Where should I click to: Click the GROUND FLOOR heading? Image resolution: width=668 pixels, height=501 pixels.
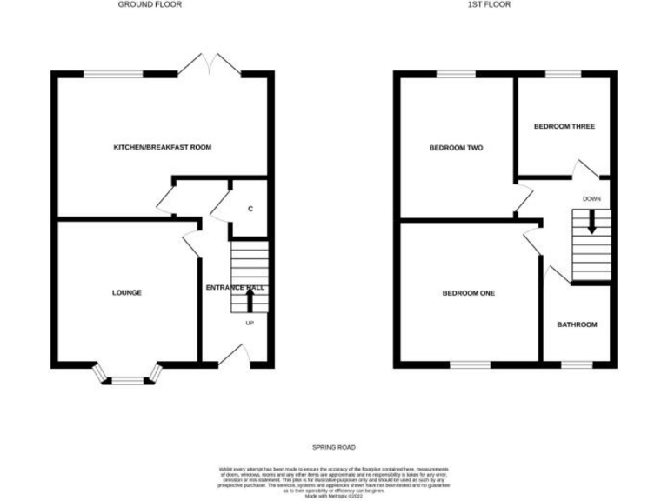(150, 4)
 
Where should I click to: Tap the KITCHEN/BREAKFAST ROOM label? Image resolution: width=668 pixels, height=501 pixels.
(163, 147)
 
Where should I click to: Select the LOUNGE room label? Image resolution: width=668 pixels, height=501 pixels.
(127, 292)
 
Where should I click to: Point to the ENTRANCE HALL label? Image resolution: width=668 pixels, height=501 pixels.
(235, 288)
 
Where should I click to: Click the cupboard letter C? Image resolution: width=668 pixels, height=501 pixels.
(250, 209)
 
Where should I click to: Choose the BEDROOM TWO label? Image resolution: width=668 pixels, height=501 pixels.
(456, 148)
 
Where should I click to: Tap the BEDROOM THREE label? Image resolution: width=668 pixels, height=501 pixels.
(564, 126)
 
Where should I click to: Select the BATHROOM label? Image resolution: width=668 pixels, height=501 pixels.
(578, 324)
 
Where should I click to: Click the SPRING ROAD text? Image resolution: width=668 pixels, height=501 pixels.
(335, 446)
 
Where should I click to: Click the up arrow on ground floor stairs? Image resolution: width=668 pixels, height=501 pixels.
(250, 299)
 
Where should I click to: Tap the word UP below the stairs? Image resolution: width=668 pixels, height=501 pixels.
(250, 324)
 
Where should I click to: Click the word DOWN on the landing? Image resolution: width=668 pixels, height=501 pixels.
(592, 198)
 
